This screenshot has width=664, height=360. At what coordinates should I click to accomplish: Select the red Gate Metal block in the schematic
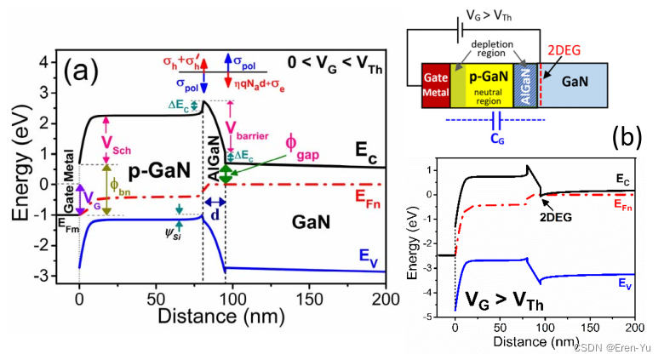click(x=436, y=84)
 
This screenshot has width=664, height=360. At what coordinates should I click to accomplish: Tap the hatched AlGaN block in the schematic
click(x=525, y=84)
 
